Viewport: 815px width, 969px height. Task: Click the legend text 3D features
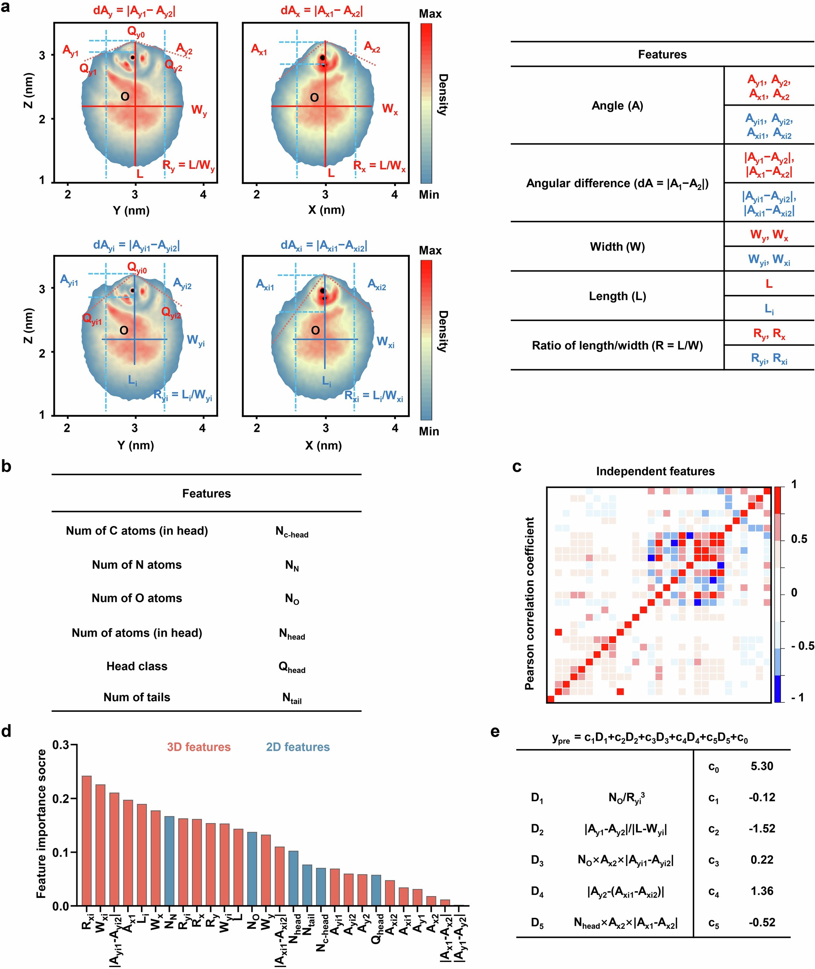[x=198, y=747]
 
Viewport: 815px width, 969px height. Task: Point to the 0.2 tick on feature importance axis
[x=60, y=799]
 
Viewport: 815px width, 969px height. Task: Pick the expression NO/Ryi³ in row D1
[x=627, y=798]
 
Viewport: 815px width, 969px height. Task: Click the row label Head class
[x=137, y=666]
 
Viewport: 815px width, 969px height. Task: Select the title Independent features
[x=655, y=471]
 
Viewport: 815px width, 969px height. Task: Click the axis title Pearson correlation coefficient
[x=529, y=604]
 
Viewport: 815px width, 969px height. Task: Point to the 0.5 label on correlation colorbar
[x=799, y=539]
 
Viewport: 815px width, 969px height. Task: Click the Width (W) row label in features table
[x=617, y=246]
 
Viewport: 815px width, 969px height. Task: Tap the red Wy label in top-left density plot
[x=199, y=111]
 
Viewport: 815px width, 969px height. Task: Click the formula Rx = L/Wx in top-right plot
[x=379, y=166]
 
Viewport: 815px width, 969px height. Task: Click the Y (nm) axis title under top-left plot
[x=131, y=211]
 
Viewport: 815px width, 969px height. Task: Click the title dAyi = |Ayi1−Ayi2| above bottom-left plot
[x=136, y=246]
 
